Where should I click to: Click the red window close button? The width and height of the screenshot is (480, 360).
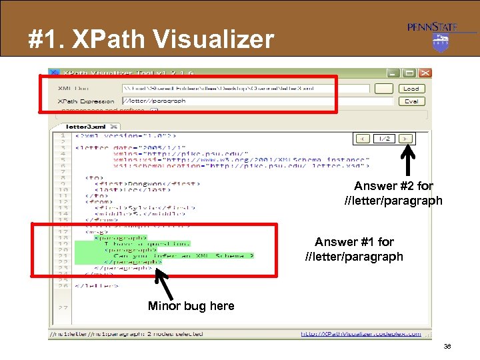(425, 73)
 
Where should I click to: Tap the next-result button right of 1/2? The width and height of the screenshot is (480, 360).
(406, 139)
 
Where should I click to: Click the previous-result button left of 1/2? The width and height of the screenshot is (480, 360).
(363, 139)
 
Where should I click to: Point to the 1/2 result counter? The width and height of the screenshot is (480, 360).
(385, 139)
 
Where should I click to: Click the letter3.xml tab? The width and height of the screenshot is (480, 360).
(87, 126)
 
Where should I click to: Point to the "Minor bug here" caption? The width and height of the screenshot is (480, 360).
(191, 306)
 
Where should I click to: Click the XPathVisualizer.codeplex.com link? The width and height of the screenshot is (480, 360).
(361, 334)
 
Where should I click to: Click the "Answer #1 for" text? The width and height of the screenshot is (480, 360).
(354, 242)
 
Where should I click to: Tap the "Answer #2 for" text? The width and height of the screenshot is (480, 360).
(393, 186)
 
